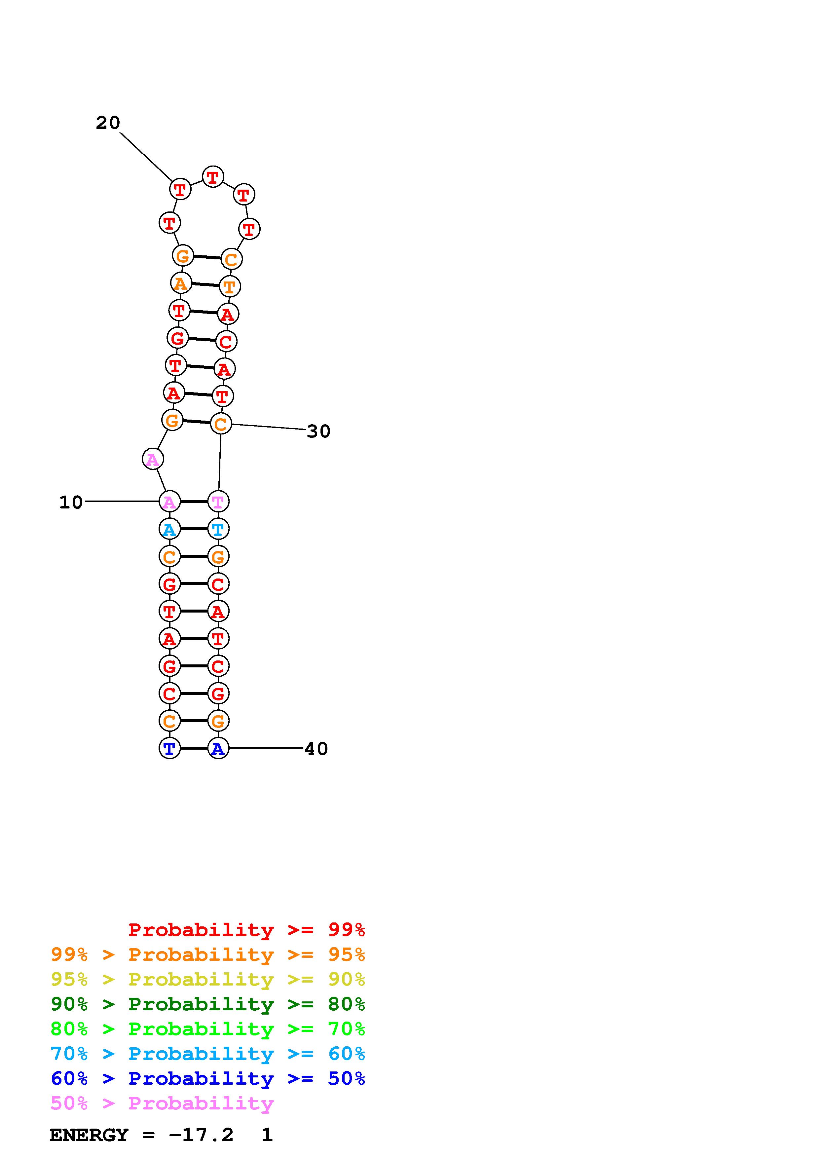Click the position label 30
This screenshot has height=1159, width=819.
318,431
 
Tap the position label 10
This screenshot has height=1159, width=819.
71,502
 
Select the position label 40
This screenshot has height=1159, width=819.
316,749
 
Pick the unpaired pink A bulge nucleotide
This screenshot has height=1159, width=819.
152,459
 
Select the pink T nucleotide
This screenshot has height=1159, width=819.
218,502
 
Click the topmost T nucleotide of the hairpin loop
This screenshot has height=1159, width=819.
213,177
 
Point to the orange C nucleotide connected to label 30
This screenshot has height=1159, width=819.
220,424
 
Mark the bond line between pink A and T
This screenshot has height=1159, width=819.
194,502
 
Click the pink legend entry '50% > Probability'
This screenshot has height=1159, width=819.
162,1103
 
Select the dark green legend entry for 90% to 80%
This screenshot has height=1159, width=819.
208,1004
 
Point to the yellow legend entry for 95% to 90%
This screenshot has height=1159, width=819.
208,980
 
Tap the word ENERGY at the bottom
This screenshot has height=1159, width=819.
89,1135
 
